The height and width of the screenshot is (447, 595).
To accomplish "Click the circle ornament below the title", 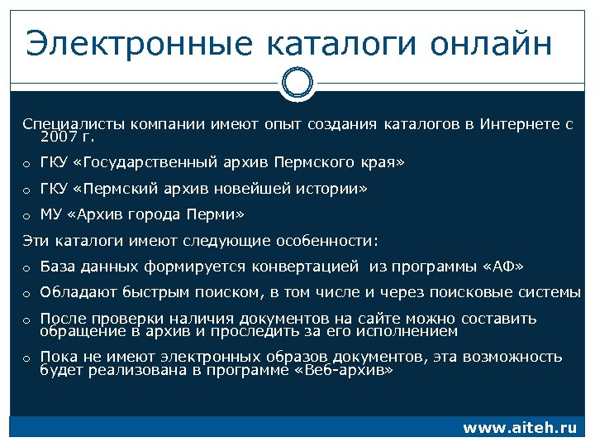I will [x=297, y=83].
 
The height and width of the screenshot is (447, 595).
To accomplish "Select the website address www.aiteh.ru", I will [x=519, y=428].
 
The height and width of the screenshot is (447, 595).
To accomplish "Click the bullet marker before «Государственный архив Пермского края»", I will [x=26, y=164].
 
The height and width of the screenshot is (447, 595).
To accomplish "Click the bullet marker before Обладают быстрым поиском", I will [x=26, y=294].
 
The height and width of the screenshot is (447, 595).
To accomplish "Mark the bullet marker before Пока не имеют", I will [x=26, y=358].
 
